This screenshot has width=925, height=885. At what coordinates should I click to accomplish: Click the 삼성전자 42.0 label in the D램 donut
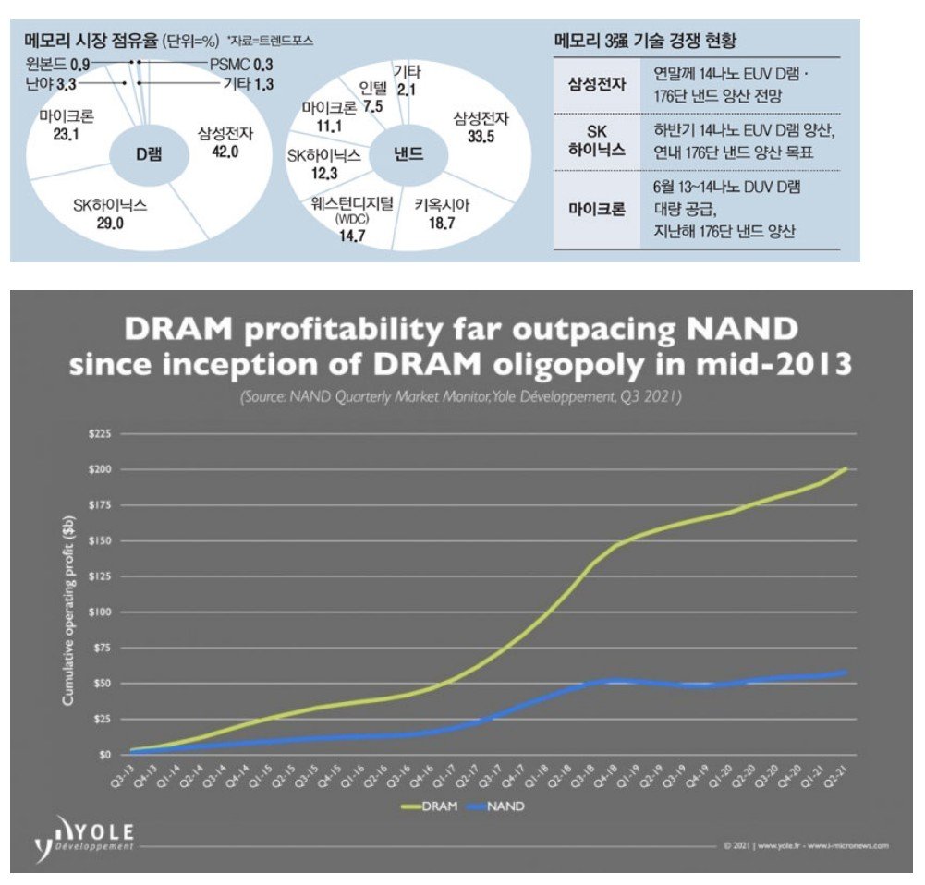point(218,142)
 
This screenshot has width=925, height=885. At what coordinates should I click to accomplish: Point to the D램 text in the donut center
point(148,154)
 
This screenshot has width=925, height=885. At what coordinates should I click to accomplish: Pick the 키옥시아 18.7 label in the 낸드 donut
point(442,214)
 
